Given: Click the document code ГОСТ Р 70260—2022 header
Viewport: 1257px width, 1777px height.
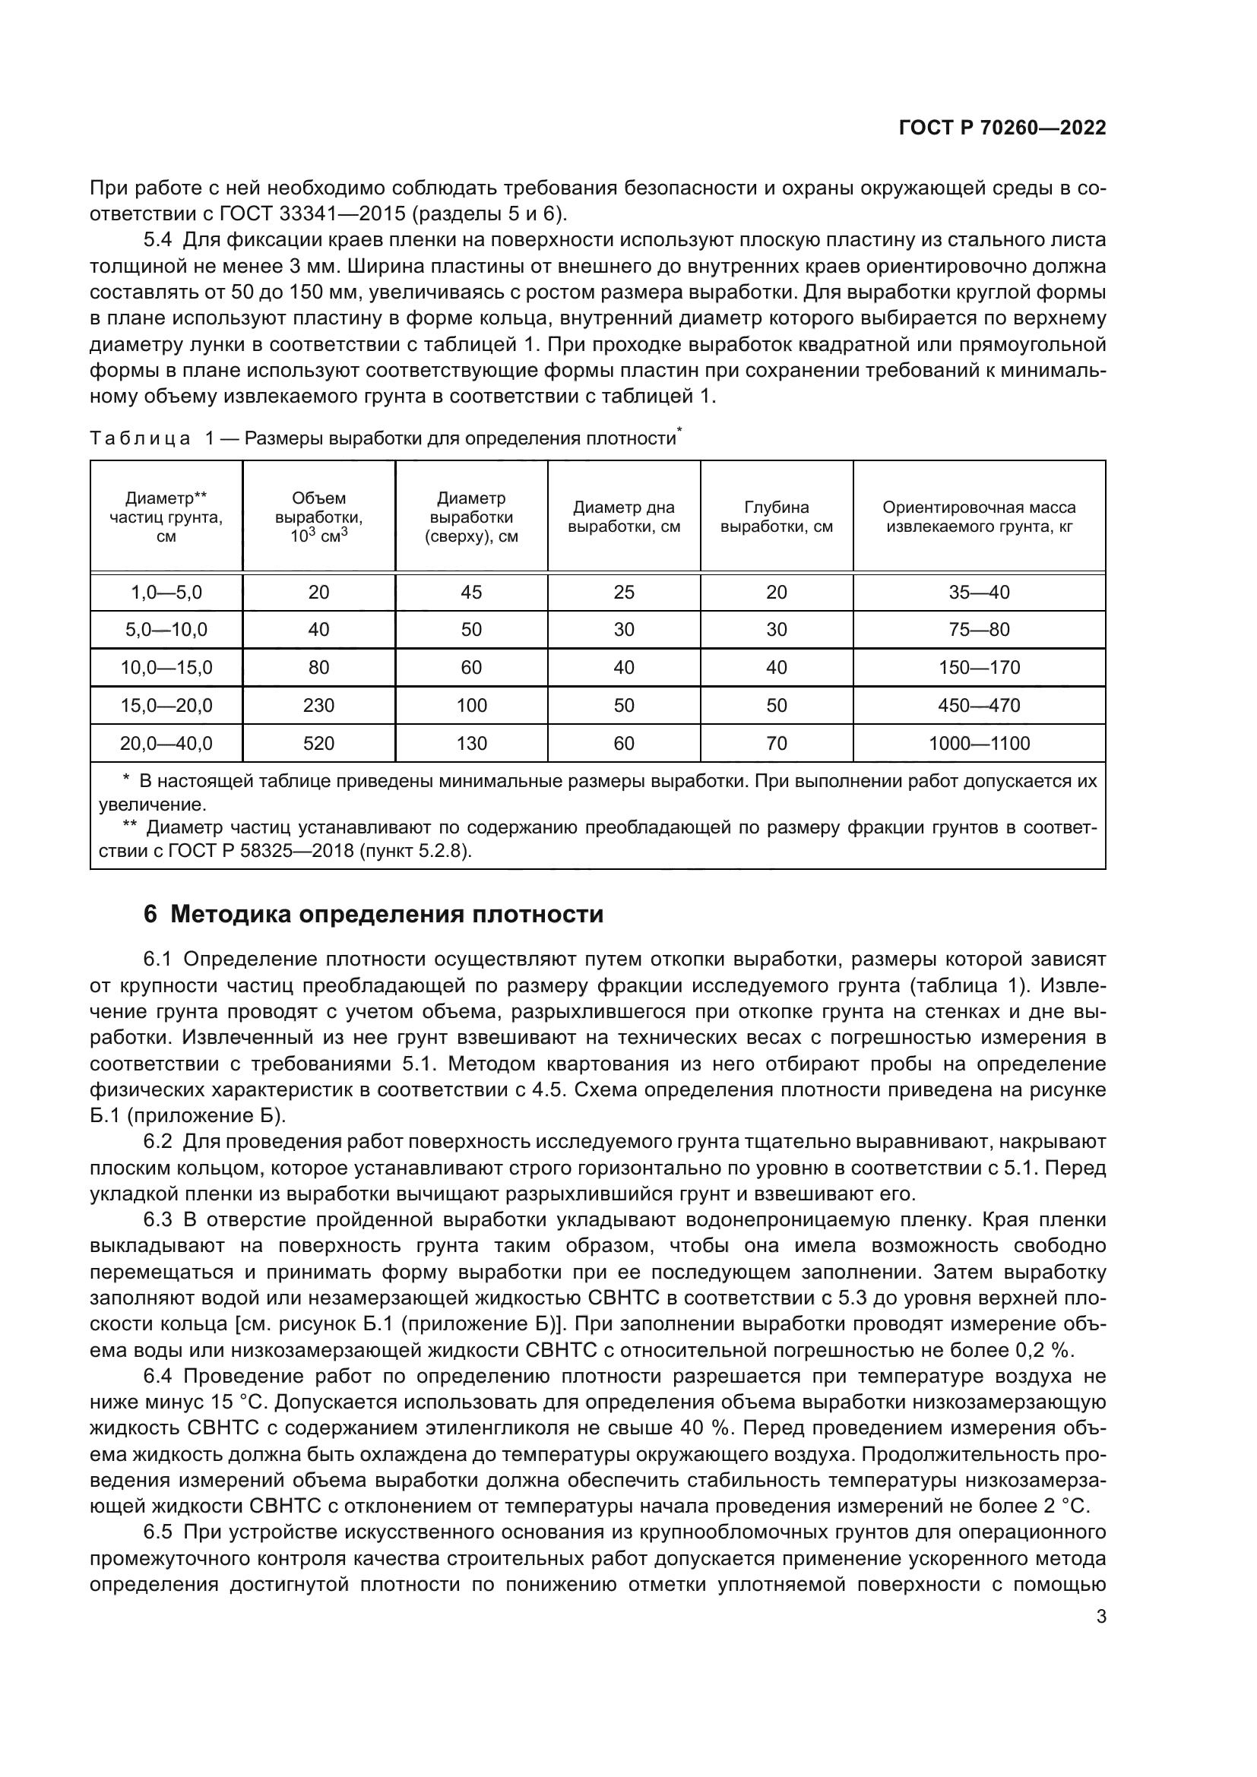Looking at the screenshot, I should tap(1002, 128).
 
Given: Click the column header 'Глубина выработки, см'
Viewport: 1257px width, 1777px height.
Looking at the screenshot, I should tap(777, 517).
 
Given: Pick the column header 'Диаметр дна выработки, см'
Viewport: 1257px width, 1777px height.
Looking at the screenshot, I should tap(624, 517).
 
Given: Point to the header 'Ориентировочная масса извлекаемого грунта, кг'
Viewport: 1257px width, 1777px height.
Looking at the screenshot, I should tap(979, 517).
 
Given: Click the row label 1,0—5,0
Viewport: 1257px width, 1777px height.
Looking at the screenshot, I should tap(166, 592).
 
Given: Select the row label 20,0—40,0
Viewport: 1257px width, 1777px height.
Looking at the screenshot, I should tap(166, 744).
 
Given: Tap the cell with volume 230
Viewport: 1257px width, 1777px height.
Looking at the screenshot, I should tap(319, 706).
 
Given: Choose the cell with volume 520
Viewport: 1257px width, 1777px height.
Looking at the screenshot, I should tap(319, 744).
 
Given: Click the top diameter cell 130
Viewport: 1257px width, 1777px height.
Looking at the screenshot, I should tap(471, 744).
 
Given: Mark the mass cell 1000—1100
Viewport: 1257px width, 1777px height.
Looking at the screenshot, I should tap(979, 744).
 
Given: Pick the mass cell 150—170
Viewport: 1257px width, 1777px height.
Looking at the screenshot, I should tap(979, 668).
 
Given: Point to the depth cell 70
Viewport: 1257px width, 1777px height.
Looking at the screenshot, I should tap(777, 744).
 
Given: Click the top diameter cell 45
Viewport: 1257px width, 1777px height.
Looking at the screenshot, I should tap(471, 592).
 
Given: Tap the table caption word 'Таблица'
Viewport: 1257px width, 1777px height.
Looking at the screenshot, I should tap(140, 439).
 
